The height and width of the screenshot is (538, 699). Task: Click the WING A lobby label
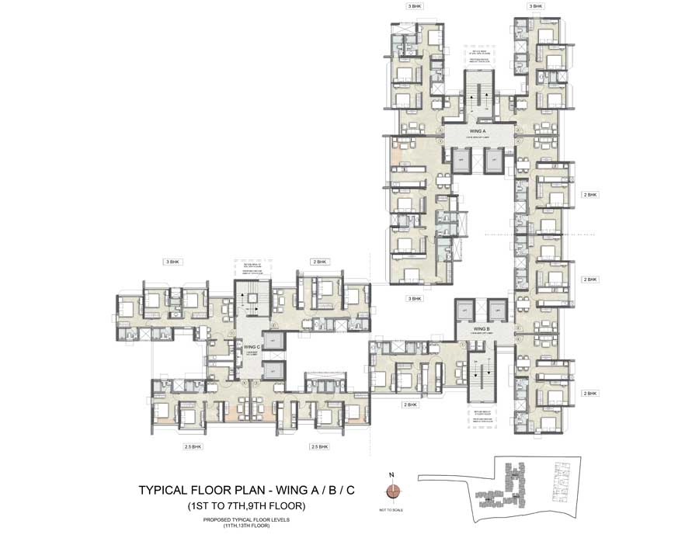[x=477, y=132]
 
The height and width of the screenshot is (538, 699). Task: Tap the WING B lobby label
[x=482, y=329]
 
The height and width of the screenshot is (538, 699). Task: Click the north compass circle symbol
[x=395, y=491]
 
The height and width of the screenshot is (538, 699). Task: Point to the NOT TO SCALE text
[x=395, y=508]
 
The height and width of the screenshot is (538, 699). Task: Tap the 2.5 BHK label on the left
[x=193, y=447]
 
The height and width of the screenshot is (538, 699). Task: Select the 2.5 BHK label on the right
[x=319, y=447]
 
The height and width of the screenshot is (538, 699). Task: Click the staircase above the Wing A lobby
[x=477, y=97]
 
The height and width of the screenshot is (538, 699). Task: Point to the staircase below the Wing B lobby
[x=482, y=373]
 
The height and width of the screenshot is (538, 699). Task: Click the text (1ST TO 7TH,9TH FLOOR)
[x=245, y=505]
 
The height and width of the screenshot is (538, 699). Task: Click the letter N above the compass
[x=395, y=474]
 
